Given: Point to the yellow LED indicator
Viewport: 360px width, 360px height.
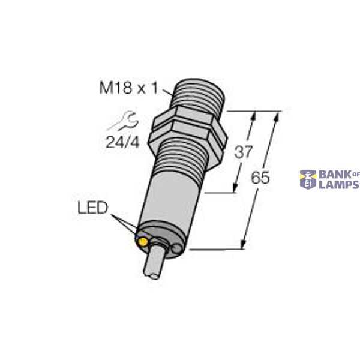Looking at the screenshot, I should pyautogui.click(x=143, y=241).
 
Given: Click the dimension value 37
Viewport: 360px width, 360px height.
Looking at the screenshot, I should pyautogui.click(x=242, y=153).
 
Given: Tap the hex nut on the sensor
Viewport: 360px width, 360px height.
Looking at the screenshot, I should pyautogui.click(x=189, y=128).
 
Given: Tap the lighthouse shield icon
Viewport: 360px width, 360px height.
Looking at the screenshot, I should pyautogui.click(x=308, y=179).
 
